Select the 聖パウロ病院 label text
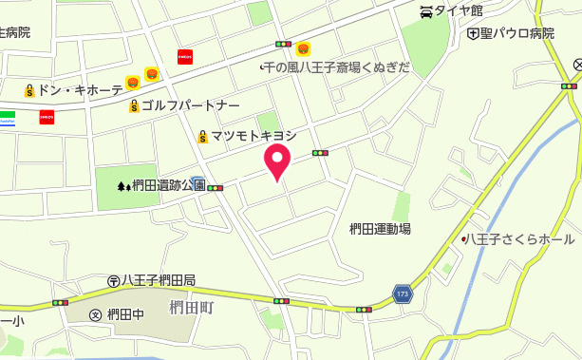click(x=516, y=34)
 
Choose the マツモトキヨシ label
click(x=253, y=137)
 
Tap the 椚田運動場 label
click(x=380, y=228)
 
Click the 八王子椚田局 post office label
click(x=158, y=280)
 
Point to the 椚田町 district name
click(x=193, y=307)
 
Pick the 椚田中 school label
click(x=125, y=315)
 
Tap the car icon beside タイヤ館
click(x=426, y=11)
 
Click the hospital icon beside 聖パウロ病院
click(x=473, y=34)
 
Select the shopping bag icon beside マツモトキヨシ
click(x=202, y=137)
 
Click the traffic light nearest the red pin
click(x=320, y=152)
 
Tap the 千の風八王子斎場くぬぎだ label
click(x=337, y=67)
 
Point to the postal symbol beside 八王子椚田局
click(x=113, y=280)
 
